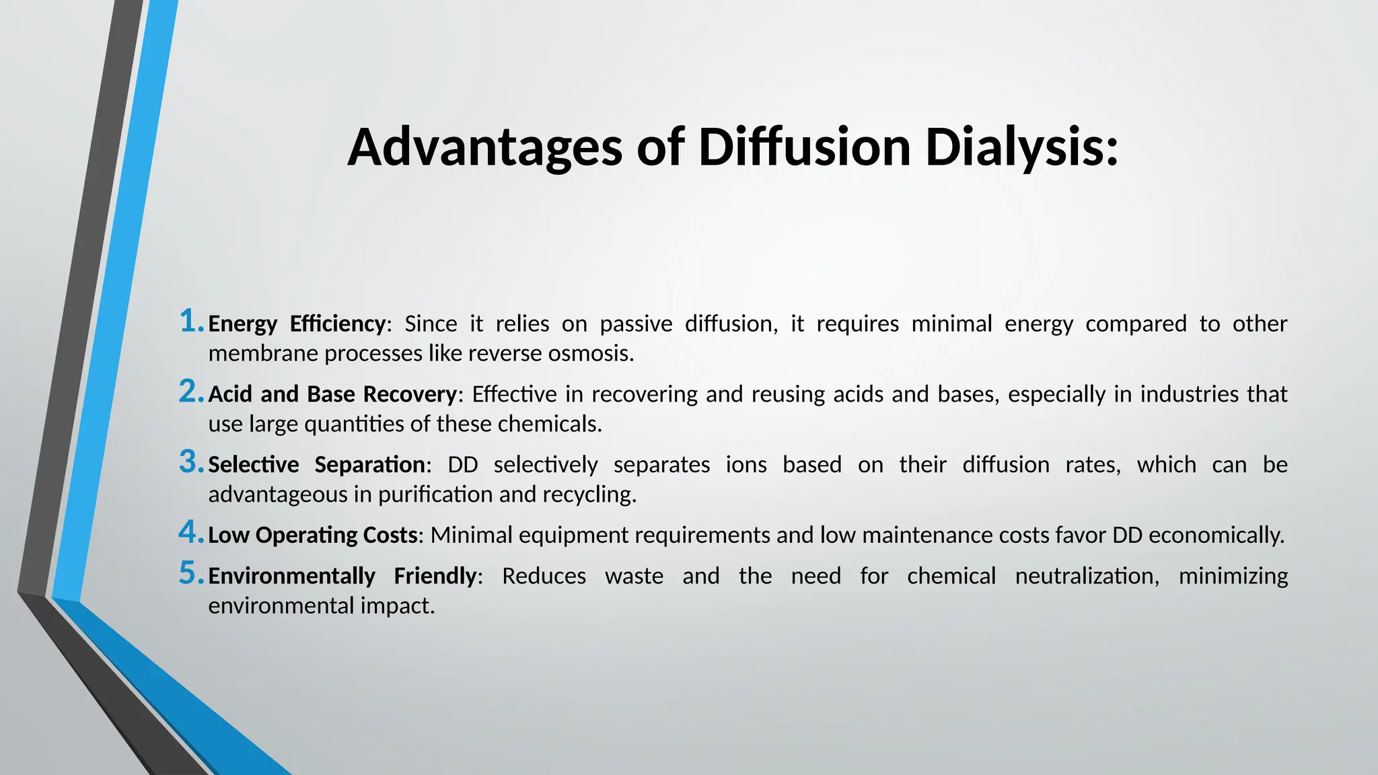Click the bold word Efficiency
point(338,324)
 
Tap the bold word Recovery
point(410,394)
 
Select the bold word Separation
point(369,465)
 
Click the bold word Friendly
point(435,576)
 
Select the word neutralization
point(1087,576)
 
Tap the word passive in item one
point(636,324)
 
